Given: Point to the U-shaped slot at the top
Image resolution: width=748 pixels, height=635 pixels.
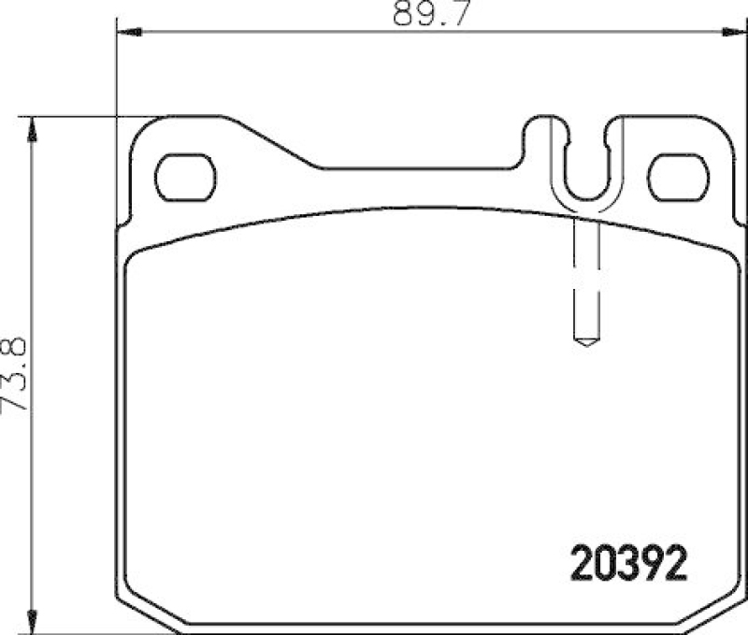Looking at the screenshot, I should (585, 159).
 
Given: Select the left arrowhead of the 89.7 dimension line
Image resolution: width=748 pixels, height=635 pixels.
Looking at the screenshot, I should (127, 33).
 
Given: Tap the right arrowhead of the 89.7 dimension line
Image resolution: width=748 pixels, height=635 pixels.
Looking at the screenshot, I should (735, 33).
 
